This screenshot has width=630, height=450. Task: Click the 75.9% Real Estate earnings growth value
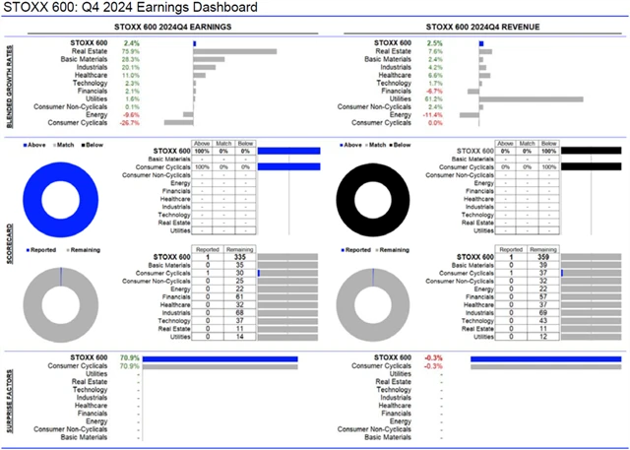point(130,51)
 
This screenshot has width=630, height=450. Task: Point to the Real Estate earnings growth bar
point(234,51)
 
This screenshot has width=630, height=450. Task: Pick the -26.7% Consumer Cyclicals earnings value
point(129,123)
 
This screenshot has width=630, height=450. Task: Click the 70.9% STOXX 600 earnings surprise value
point(128,358)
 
